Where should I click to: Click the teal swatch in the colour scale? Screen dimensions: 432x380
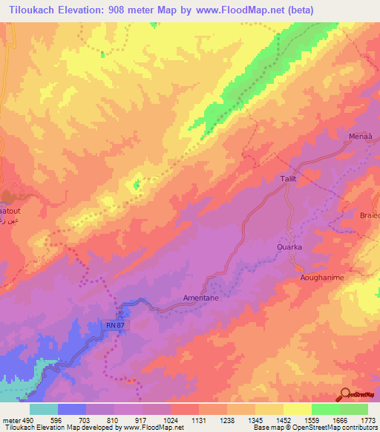click(44, 409)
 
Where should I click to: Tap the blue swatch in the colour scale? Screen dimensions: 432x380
click(72, 409)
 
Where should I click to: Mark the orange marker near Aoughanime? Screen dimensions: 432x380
click(298, 268)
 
